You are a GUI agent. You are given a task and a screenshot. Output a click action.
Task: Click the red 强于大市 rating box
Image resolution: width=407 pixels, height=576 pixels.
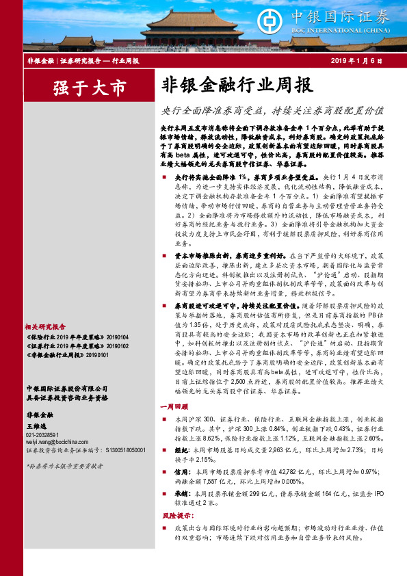coord(90,88)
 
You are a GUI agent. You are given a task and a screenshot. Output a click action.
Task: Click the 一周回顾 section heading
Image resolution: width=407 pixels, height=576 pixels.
coord(174,406)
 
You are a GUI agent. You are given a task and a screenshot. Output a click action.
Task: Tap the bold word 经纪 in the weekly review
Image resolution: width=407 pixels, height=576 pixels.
coord(181,451)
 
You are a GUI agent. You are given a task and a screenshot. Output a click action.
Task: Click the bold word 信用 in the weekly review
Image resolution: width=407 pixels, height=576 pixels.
coord(181,472)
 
